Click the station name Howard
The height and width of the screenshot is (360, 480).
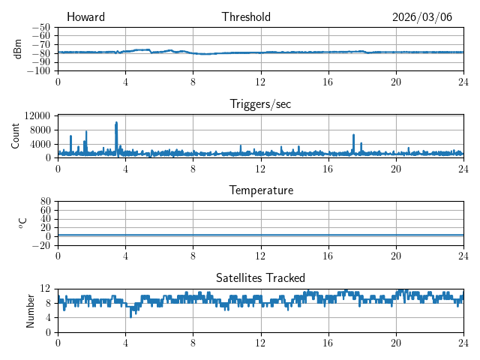[85, 17]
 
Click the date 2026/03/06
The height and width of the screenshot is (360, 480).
[422, 17]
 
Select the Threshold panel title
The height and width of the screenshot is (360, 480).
[246, 17]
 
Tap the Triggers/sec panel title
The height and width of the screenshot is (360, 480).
[260, 104]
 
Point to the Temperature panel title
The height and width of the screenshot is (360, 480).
[260, 190]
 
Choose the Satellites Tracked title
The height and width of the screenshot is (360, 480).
[260, 277]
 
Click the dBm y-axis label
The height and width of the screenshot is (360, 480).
[18, 49]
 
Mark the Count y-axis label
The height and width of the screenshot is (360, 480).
[15, 136]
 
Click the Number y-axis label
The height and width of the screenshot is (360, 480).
[30, 310]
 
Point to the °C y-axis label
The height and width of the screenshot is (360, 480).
[22, 223]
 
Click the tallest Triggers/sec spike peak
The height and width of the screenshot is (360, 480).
[116, 122]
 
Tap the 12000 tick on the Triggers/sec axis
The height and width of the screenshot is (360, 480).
[37, 115]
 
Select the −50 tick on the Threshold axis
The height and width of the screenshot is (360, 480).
[40, 27]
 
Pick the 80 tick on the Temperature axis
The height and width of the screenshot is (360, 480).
[45, 202]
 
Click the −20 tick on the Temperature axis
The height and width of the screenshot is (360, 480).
[40, 245]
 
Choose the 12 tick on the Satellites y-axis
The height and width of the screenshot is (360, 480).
[45, 289]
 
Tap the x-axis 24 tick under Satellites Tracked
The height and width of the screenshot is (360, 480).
[463, 342]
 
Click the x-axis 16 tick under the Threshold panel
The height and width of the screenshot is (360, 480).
[328, 81]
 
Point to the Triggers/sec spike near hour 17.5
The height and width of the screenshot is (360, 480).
[353, 135]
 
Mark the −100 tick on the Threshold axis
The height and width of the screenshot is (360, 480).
[37, 71]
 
